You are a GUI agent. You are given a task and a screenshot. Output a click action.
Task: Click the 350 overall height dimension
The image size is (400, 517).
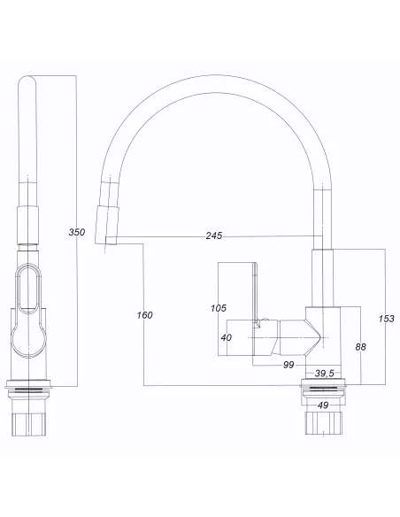coord(77,233)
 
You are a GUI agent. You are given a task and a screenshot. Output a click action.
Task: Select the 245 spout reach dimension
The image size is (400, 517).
coord(213,235)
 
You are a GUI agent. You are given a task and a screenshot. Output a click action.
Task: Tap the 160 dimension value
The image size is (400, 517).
coord(145,314)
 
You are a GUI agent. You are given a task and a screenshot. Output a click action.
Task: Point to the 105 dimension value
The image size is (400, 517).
coord(219,308)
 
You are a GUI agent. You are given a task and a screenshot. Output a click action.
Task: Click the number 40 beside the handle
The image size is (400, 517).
coord(226,336)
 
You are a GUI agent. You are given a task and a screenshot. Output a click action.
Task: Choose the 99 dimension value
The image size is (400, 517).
coord(288,365)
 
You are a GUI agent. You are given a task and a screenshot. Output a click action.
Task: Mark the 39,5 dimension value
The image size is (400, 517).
coord(325,374)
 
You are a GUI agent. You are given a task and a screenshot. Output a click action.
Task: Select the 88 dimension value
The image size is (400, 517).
coord(361,346)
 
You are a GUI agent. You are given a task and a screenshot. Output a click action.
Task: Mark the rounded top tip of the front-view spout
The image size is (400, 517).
coord(27,85)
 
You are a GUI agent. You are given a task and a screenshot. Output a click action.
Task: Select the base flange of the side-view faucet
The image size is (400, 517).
coord(325,387)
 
